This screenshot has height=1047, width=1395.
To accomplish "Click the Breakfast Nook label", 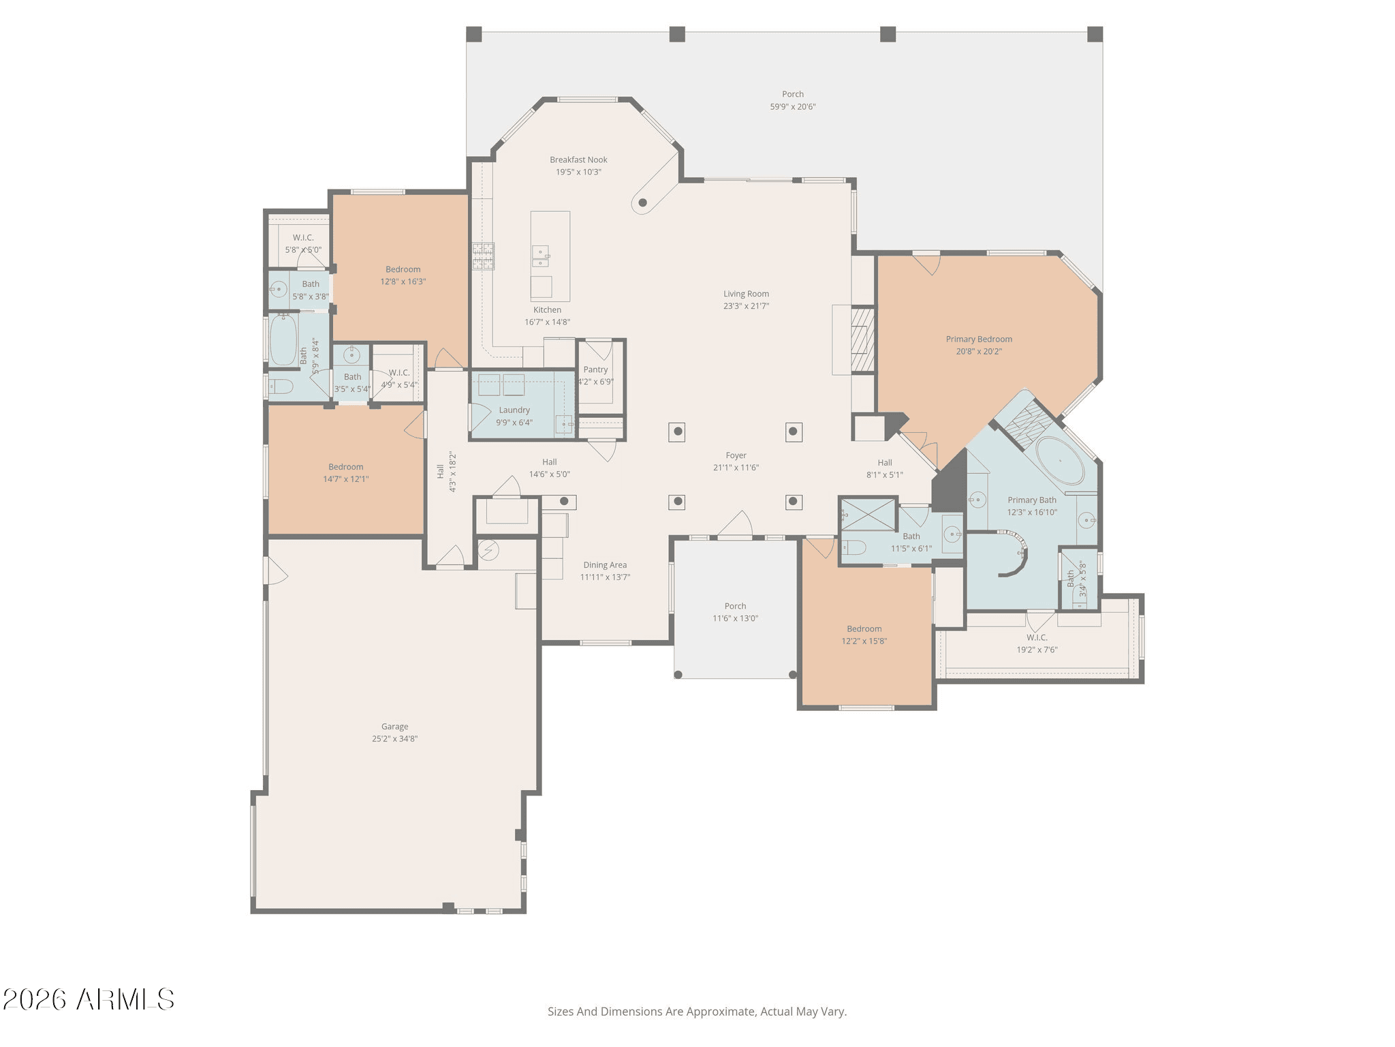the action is pos(578,160).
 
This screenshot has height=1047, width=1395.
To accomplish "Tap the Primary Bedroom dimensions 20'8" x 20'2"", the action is pos(979,352).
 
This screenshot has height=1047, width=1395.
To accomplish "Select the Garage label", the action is pos(394,727).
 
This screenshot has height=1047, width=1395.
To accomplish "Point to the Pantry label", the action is pos(595,369).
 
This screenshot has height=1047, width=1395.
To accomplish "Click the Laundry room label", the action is pos(514,410).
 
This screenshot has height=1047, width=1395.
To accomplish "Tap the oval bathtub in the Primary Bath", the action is pos(1060,460).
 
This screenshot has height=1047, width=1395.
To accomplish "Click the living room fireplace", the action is pos(862,339).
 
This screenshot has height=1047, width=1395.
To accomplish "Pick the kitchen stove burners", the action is pos(484,256).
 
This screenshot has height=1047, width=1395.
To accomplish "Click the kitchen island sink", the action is pos(540,256).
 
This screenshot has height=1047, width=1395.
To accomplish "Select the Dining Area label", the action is pos(605,565).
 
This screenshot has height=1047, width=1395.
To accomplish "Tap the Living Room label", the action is pos(746,294).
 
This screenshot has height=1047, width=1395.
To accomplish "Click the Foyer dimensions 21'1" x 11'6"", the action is pos(736,468).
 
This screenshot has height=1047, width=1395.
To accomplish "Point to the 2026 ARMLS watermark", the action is pos(89,1000).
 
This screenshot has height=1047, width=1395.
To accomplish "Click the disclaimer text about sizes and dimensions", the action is pos(697,1012).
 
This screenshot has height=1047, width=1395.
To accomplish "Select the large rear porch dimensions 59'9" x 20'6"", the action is pos(793,106).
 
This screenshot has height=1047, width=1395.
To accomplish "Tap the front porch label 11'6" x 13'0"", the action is pos(735,618).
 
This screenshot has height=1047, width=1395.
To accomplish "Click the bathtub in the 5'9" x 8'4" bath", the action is pos(283,339).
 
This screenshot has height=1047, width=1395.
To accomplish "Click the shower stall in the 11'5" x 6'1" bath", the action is pos(868,515).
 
